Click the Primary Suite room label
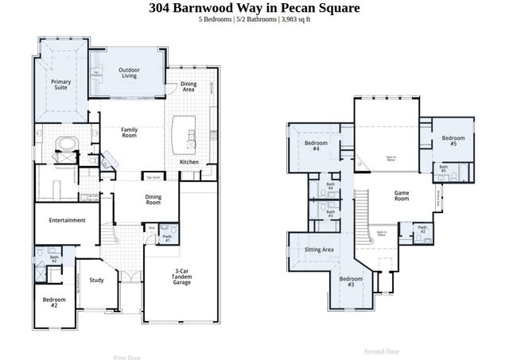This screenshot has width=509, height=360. [60, 85]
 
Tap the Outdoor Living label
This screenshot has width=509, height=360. [130, 74]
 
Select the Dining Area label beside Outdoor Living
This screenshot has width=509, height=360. [188, 87]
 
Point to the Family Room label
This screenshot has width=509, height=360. [130, 132]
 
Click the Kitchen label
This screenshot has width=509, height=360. [189, 162]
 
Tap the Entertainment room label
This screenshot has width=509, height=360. [67, 220]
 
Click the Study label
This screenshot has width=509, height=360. [96, 280]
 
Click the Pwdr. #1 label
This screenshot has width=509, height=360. [168, 238]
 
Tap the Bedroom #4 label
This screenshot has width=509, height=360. [312, 145]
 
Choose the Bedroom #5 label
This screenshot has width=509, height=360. [453, 141]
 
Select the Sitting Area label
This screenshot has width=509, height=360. [319, 250]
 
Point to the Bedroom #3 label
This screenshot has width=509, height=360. [351, 281]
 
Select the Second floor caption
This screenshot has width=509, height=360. [382, 350]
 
